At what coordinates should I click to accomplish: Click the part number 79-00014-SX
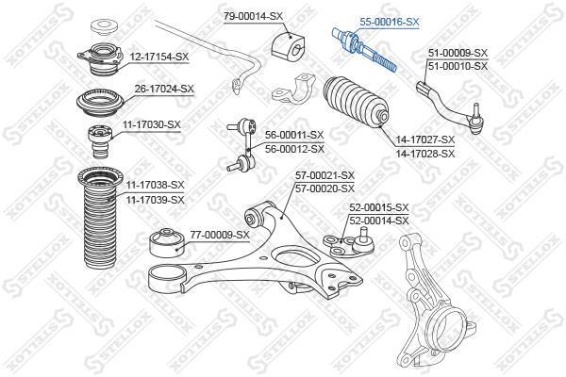(254, 16)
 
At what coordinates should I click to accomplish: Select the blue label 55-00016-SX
(389, 22)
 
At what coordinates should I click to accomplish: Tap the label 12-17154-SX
(159, 57)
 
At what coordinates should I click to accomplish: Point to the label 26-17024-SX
(164, 89)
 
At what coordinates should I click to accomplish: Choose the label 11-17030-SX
(152, 125)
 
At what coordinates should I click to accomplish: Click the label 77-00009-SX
(220, 236)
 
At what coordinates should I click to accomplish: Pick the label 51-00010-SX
(458, 66)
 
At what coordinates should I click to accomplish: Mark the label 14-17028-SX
(425, 154)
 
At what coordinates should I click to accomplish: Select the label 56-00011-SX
(294, 136)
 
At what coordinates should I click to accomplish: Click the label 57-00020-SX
(325, 188)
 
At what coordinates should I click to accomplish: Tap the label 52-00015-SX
(379, 207)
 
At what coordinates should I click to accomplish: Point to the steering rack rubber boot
(356, 102)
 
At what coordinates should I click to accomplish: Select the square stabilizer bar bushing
(288, 45)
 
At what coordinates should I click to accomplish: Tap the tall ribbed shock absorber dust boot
(97, 218)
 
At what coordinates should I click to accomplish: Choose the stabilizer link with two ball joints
(243, 144)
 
